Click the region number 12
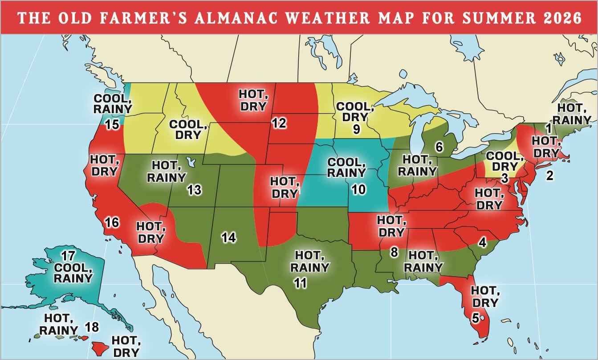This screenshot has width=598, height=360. [x=279, y=123]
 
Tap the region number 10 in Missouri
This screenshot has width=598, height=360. [x=358, y=189]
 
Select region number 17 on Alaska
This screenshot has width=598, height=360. [x=69, y=256]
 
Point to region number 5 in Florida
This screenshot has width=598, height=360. [x=475, y=319]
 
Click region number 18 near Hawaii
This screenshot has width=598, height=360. [x=92, y=327]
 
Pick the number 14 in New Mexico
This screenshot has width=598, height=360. [x=228, y=237]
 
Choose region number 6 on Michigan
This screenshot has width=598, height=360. [x=439, y=147]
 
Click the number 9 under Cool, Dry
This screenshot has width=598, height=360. [x=356, y=129]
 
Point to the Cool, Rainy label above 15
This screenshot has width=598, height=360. [x=113, y=103]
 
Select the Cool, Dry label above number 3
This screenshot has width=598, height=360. [x=504, y=161]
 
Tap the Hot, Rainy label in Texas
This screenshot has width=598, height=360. [x=309, y=262]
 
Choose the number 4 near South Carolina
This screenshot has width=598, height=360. [x=483, y=243]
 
